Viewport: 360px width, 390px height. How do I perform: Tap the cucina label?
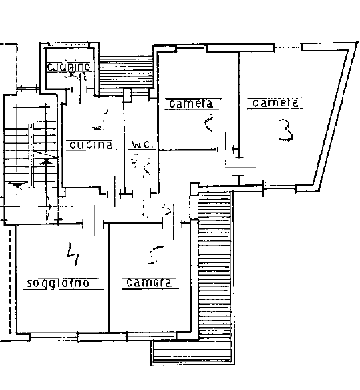[x=91, y=144]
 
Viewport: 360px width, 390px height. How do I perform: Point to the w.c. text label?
[x=142, y=144]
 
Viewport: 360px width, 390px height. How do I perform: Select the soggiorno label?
[x=57, y=283]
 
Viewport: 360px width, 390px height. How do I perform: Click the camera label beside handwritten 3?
[x=274, y=103]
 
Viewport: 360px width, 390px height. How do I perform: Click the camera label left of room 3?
[x=191, y=104]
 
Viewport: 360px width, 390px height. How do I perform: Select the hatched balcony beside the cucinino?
[x=127, y=69]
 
